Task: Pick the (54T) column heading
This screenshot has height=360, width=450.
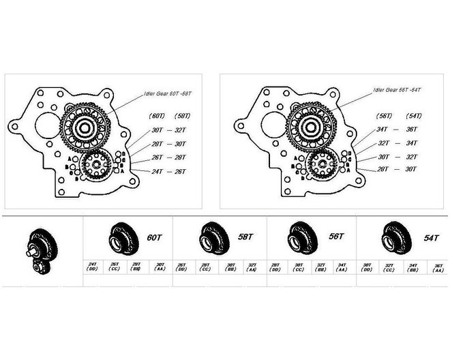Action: pos(413,115)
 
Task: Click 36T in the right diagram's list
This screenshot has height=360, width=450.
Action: pos(412,129)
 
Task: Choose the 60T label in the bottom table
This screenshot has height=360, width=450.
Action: pos(155,237)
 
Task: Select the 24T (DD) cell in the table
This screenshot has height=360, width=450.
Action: pos(93,267)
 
